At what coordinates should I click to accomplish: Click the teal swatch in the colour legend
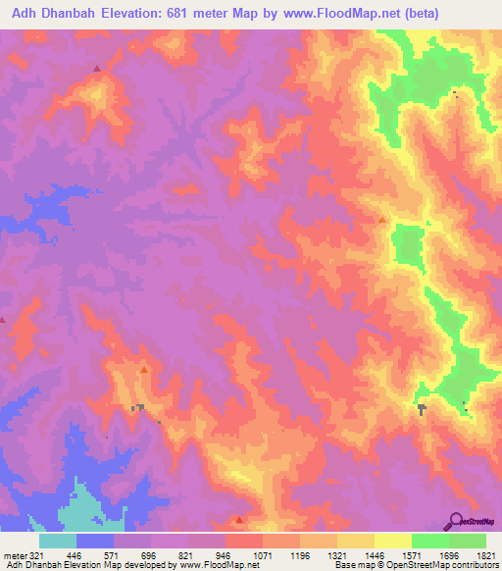pos(58,541)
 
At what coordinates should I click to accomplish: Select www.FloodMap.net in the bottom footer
pos(212,566)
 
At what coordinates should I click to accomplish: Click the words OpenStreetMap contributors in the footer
pos(446,566)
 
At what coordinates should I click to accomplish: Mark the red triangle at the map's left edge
pos(3,319)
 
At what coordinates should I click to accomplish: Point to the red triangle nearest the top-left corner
pos(96,69)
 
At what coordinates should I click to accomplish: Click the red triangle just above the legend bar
pos(240,520)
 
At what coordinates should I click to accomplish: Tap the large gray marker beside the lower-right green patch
pos(422,408)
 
